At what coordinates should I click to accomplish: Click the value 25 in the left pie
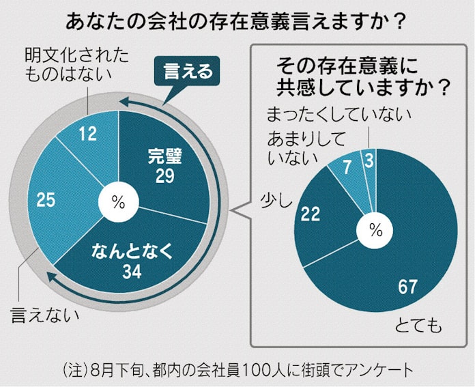coord(46,201)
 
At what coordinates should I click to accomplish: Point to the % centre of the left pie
coord(118,202)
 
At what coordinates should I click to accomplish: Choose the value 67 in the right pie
coord(408,287)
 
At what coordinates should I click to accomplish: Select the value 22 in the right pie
coord(311,215)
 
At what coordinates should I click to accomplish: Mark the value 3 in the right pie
coord(368,161)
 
